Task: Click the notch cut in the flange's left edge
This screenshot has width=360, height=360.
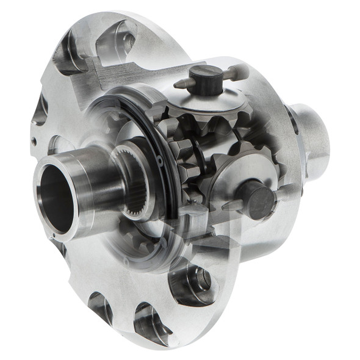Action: coord(40,110)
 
